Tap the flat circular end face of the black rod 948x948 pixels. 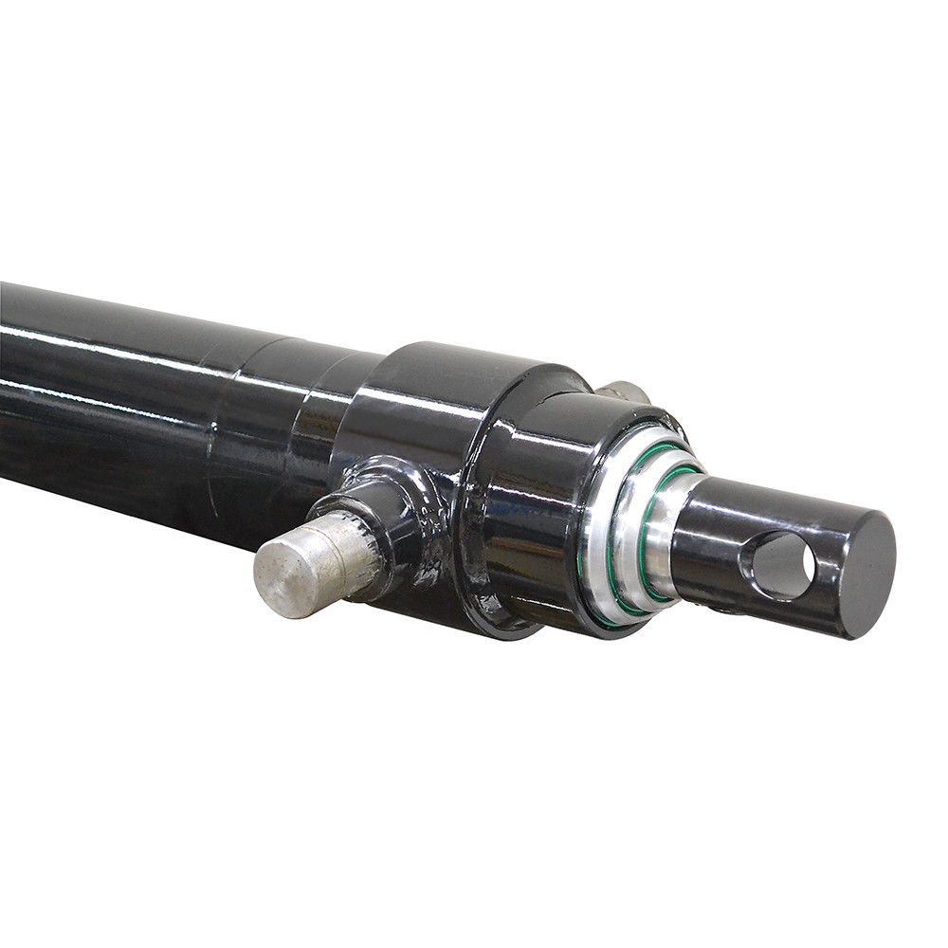pos(868,574)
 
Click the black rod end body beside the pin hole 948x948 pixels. pos(720,531)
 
